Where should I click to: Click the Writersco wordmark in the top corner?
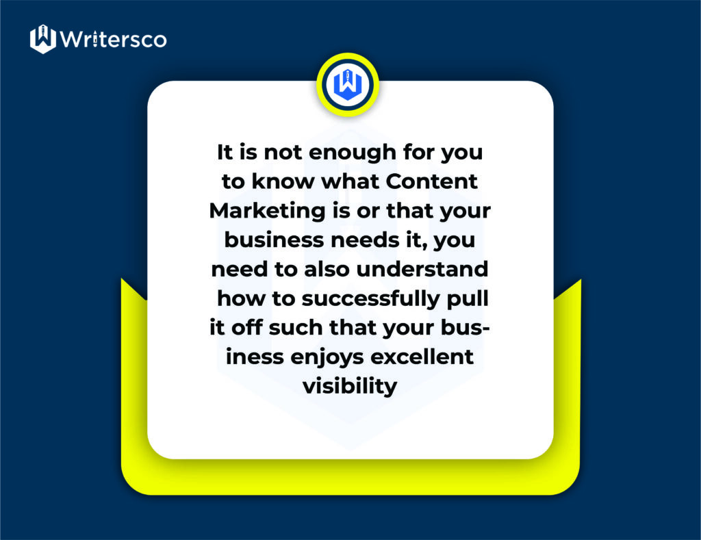coord(113,39)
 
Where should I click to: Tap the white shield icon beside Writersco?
coord(43,39)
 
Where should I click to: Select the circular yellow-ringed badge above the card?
coord(348,84)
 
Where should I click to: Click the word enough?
coord(353,153)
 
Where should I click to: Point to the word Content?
coord(431,181)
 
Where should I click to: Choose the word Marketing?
coord(268,211)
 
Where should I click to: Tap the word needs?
coord(365,240)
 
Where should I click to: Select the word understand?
coord(422,269)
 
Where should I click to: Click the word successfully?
coord(370,299)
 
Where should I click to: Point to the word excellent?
coord(422,357)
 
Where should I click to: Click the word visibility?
coord(350,386)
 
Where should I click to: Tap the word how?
coord(241,298)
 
